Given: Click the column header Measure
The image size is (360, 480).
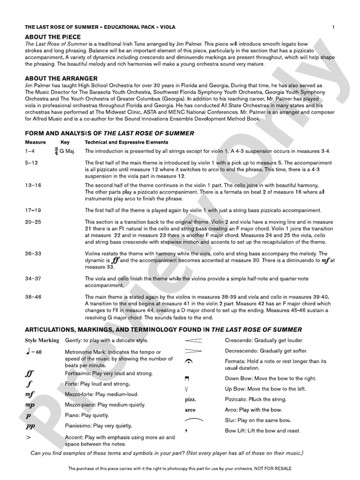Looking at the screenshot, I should pos(35,142).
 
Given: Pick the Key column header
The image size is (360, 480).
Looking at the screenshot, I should pos(65,142).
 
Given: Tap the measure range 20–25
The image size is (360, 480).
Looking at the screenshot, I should pos(33,222).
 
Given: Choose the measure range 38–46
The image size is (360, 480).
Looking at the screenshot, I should pos(33,297).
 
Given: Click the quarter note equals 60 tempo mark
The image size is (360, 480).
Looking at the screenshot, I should pos(33,352).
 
